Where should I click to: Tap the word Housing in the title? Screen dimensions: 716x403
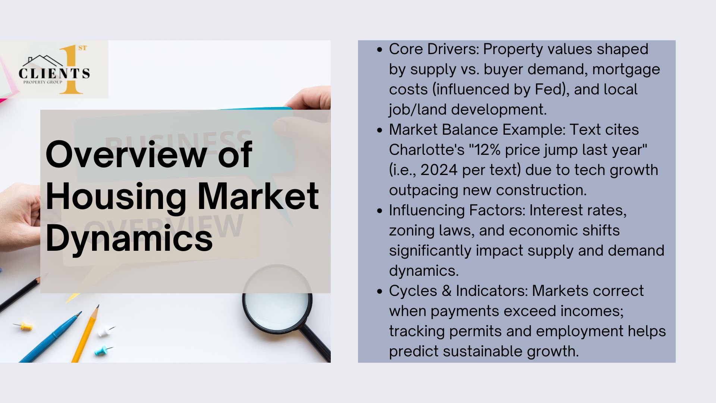tap(116, 197)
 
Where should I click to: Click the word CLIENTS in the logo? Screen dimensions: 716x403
tap(54, 74)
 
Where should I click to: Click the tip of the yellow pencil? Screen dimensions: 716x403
tap(98, 306)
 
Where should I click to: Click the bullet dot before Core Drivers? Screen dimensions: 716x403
tap(380, 50)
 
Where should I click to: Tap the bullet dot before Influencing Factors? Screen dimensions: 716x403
tap(380, 211)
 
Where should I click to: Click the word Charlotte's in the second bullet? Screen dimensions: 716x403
tap(427, 150)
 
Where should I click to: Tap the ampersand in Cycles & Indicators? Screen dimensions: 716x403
tap(446, 291)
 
